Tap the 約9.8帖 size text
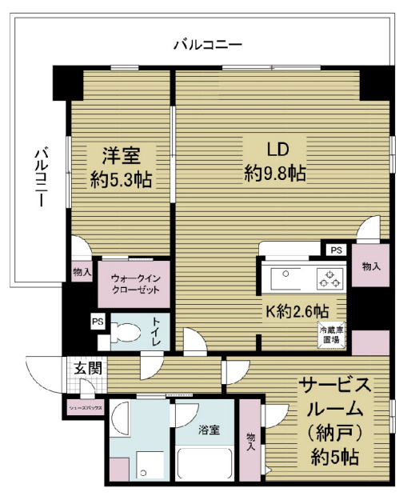273,172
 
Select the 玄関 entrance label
87,370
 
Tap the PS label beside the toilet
98,322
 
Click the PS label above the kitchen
335,250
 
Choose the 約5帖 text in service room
335,459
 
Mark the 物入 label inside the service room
251,442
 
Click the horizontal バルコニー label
208,44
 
